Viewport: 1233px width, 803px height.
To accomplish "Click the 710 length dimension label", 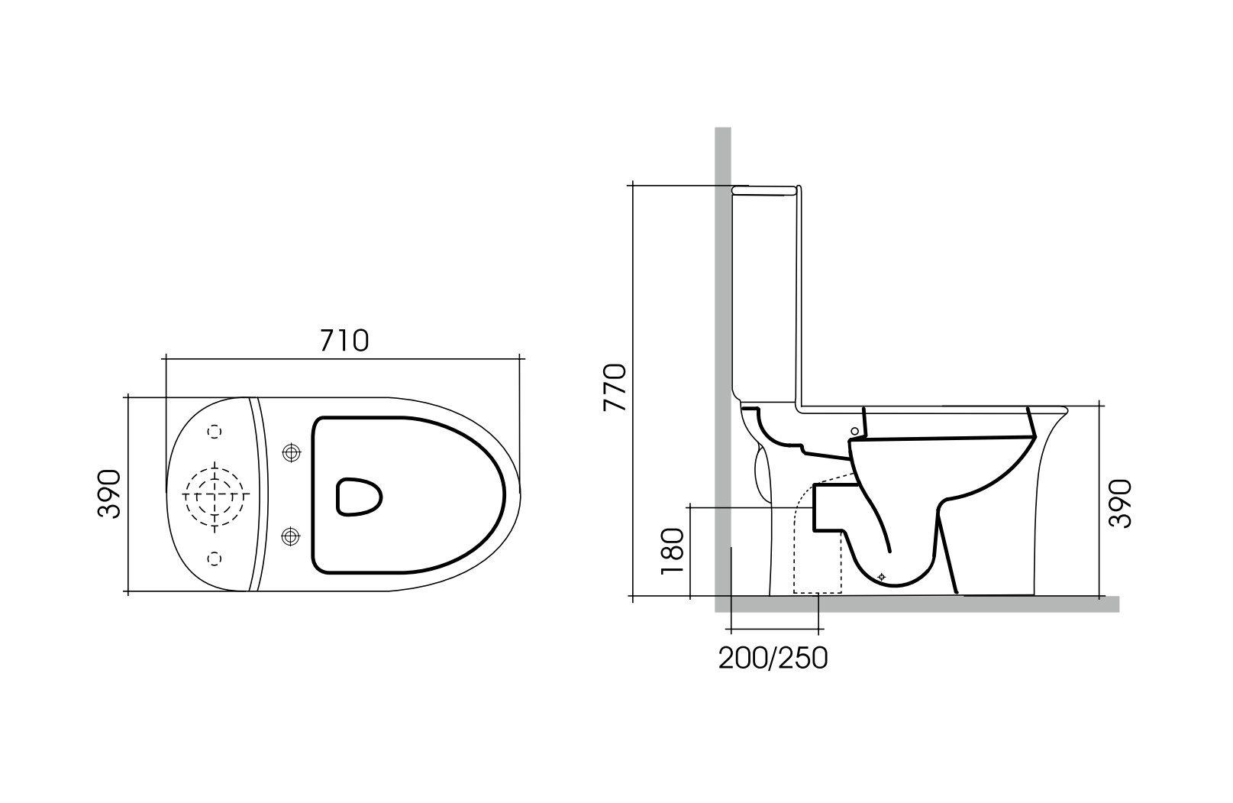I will pos(344,341).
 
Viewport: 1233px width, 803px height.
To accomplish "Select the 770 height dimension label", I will pos(615,388).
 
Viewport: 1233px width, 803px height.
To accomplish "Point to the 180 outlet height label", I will pos(671,551).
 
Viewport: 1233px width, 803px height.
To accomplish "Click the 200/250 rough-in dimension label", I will pos(773,658).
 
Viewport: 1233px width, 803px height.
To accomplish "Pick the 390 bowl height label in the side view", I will pos(1120,503).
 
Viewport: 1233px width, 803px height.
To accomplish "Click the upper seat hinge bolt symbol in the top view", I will pos(290,453).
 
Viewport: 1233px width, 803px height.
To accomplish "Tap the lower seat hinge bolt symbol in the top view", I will pos(290,536).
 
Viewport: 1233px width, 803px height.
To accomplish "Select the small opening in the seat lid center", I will pos(358,497).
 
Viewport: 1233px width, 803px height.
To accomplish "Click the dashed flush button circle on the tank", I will pos(215,495).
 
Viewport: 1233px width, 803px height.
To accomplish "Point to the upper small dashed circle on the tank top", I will pos(215,432).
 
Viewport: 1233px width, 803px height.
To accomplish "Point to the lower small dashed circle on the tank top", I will pos(215,559).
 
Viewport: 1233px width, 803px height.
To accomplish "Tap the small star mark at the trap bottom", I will pos(882,577).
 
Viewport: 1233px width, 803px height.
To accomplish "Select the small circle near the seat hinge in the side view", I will pos(854,431).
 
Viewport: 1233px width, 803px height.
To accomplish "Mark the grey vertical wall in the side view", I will pos(723,306).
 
